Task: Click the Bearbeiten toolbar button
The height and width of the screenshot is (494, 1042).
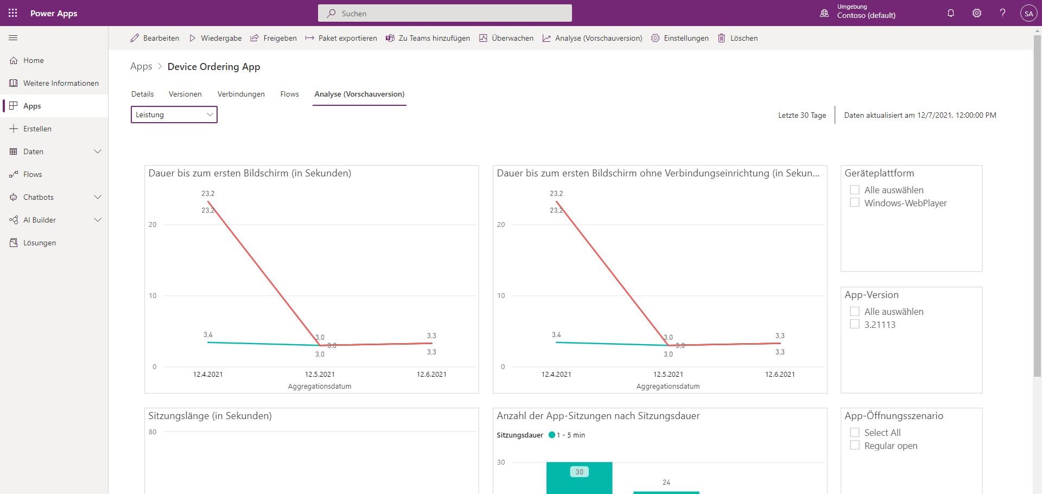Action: [155, 38]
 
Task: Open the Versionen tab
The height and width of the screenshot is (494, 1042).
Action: [185, 94]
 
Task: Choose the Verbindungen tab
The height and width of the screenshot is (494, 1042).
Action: [241, 94]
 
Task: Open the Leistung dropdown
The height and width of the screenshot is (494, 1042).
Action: [174, 115]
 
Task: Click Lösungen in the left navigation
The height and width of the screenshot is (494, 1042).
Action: [39, 243]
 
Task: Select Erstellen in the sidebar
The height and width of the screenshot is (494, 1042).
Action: [37, 129]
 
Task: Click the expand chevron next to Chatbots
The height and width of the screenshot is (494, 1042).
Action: [98, 197]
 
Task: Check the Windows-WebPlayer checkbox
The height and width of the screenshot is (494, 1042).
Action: [855, 202]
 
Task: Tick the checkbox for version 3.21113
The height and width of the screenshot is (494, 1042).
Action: [855, 324]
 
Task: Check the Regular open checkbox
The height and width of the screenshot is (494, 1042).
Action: [855, 445]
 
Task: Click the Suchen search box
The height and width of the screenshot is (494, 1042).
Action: [445, 13]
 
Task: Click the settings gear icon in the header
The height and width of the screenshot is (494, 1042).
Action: [977, 13]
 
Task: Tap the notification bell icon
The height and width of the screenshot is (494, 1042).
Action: [951, 13]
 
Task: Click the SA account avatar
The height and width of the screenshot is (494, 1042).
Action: [1028, 14]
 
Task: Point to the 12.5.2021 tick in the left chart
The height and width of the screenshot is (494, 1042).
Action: [320, 374]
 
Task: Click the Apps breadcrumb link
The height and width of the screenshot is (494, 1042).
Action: [141, 66]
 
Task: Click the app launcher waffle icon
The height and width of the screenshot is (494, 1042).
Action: [13, 13]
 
